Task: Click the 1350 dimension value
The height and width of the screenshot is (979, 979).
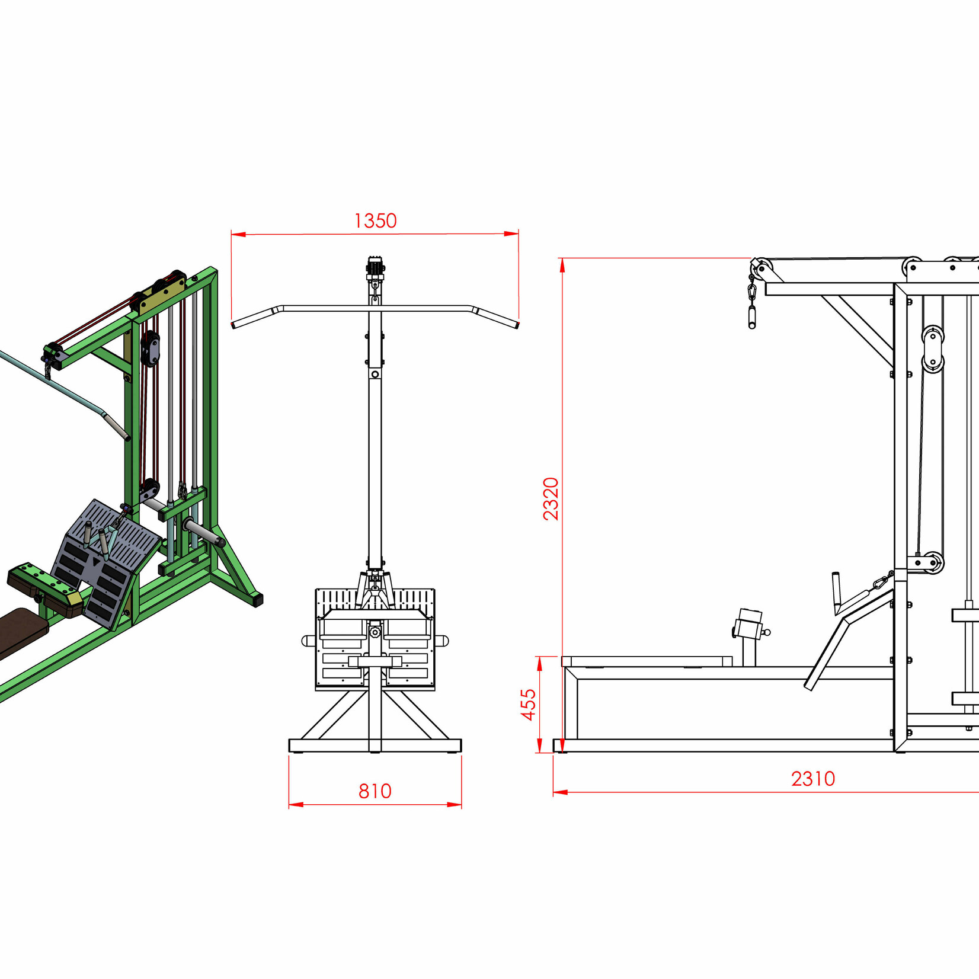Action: click(375, 221)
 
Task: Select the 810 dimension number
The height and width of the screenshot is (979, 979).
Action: click(375, 791)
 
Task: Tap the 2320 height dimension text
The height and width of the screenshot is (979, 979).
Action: click(551, 498)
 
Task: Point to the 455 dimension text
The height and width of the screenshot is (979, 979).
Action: click(528, 704)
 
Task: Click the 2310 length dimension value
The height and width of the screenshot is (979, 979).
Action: click(812, 779)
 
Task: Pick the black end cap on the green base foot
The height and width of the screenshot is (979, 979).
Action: click(257, 600)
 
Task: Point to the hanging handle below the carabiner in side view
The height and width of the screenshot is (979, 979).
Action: click(752, 316)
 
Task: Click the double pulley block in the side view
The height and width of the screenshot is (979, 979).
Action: click(932, 349)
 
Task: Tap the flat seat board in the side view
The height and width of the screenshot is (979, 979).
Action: click(647, 661)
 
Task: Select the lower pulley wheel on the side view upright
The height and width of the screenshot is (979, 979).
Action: click(933, 562)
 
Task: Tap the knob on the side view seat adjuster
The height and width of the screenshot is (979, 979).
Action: click(767, 632)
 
